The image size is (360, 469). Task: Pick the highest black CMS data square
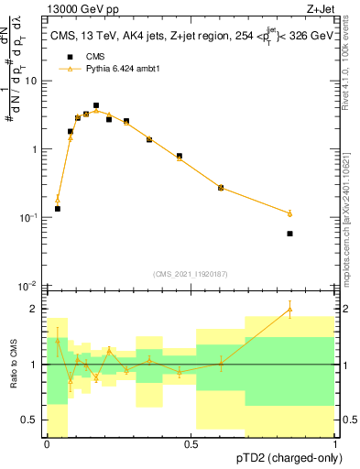[96, 105]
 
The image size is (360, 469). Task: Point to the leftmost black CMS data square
[58, 209]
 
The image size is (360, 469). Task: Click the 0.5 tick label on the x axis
[191, 444]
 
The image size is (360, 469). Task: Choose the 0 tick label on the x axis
[47, 444]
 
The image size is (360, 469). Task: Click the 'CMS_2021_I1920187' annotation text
[191, 274]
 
